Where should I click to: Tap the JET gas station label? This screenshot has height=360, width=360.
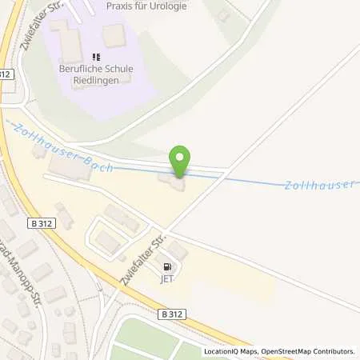[166, 280]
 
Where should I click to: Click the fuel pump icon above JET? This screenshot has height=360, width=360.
[166, 267]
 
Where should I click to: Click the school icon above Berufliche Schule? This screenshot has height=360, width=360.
[96, 57]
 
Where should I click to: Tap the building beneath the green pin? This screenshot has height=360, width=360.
[174, 184]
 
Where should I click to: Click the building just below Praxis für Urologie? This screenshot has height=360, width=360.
[114, 35]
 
